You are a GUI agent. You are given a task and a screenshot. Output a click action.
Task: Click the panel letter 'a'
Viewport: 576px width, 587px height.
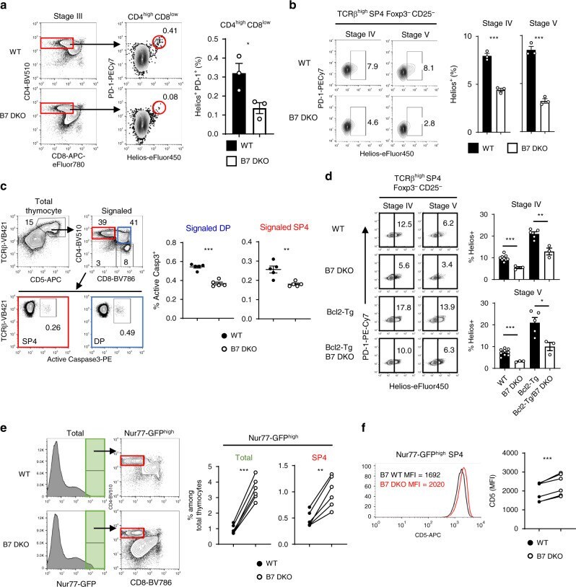click(6, 6)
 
